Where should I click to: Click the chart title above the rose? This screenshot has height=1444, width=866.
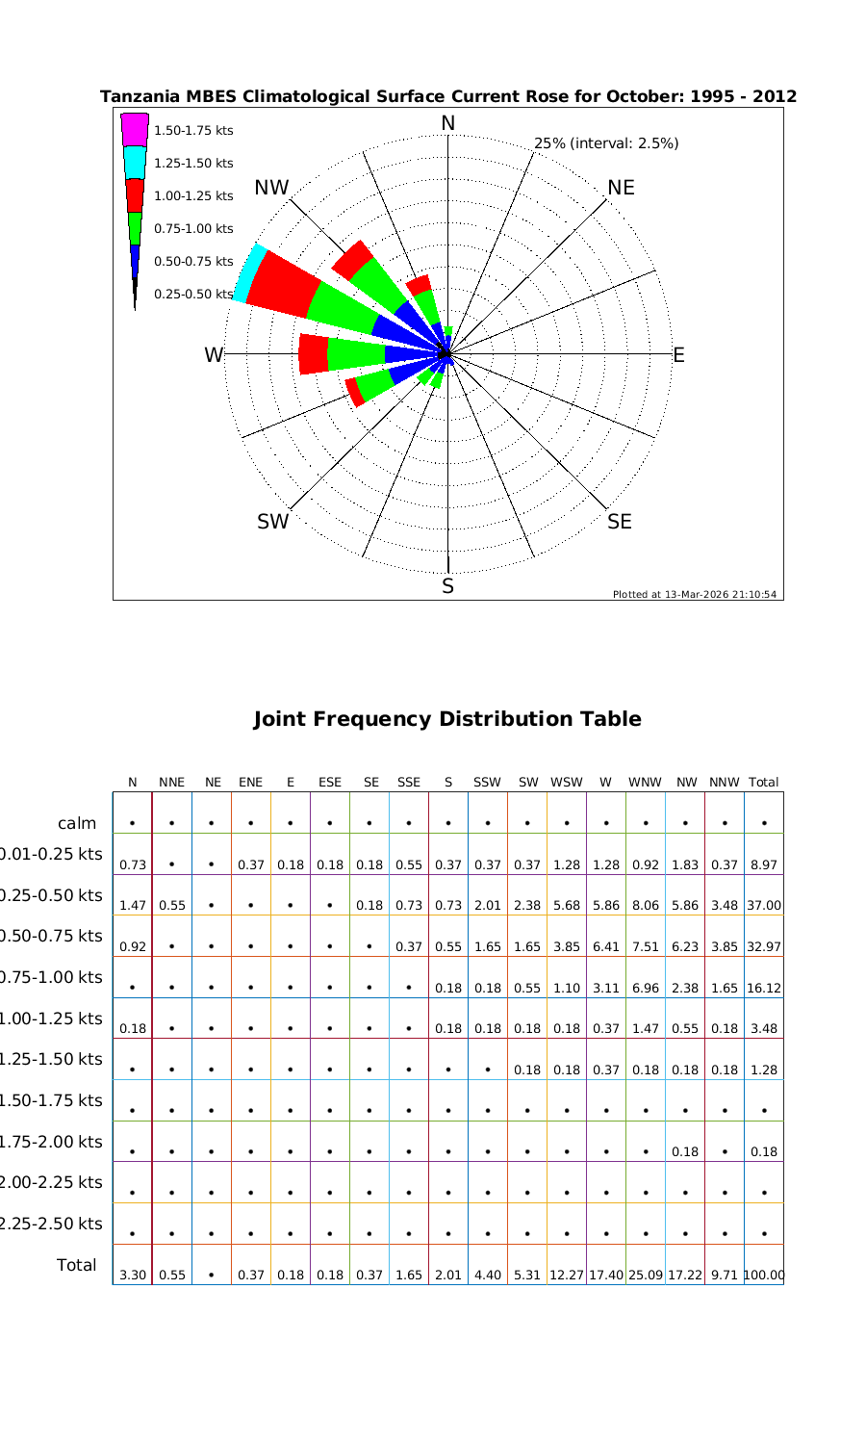click(448, 96)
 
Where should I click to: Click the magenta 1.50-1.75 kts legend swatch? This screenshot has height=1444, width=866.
click(135, 130)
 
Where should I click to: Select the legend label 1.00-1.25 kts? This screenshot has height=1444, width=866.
click(193, 195)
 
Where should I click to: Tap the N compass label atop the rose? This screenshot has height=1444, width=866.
click(447, 123)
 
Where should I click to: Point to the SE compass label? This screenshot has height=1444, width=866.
click(621, 522)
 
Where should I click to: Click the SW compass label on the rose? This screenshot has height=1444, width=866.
click(272, 522)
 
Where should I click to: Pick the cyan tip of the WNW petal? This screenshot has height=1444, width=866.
click(249, 272)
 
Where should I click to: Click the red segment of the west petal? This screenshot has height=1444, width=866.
click(314, 354)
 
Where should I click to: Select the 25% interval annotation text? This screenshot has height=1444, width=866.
click(606, 143)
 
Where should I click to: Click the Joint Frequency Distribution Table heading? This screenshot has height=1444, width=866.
click(447, 719)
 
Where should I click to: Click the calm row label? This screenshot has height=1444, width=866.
click(77, 823)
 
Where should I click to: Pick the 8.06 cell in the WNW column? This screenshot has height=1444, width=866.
click(645, 905)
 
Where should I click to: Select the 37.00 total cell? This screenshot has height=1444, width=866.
click(763, 905)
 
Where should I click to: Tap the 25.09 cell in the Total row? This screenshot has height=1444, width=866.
click(645, 1275)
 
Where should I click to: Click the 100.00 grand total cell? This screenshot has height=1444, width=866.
click(763, 1275)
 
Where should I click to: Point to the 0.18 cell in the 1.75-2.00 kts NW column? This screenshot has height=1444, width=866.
click(684, 1151)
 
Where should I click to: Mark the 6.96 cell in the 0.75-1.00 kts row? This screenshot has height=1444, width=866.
click(645, 988)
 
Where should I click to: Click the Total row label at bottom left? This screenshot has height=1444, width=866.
click(77, 1264)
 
